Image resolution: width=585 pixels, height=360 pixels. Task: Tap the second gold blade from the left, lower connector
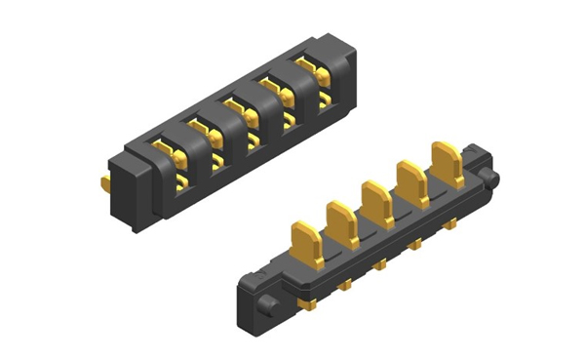341,221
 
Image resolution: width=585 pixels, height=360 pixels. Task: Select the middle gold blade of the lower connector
375,201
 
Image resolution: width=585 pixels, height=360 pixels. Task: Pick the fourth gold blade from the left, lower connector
411,181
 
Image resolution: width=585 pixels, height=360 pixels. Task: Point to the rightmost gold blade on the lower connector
448,163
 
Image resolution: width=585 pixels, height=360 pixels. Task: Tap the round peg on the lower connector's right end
492,179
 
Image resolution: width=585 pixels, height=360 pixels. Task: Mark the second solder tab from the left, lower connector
345,285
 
